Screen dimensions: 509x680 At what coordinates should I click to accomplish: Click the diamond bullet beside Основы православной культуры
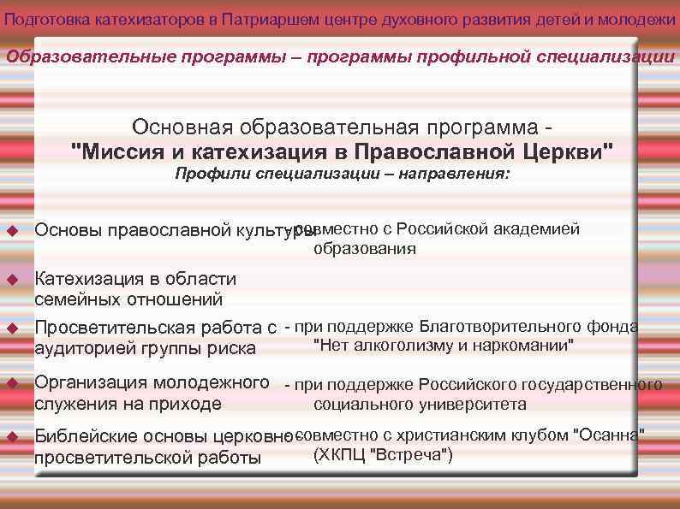click(13, 230)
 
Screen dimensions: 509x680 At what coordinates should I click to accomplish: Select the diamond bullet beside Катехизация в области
click(13, 280)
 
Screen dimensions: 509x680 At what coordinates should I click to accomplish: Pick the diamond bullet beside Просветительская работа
click(13, 328)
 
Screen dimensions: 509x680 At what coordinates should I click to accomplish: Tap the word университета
click(480, 405)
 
